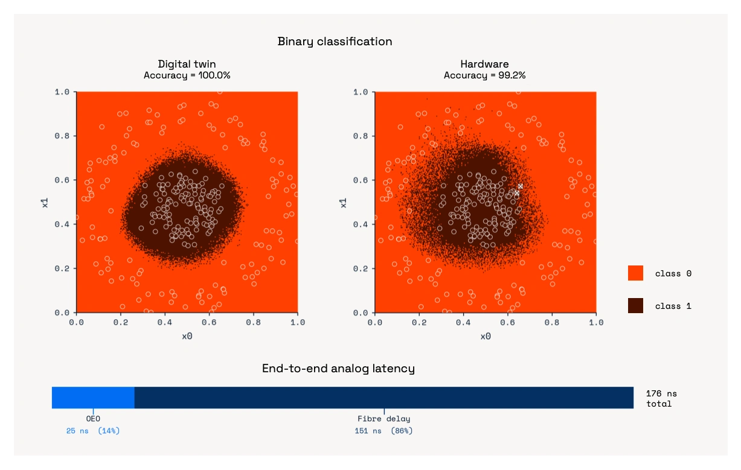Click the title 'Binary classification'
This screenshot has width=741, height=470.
click(335, 42)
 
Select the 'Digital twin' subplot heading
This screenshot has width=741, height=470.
click(187, 64)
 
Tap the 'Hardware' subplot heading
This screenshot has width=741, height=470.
click(484, 64)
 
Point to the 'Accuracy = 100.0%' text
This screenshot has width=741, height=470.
click(187, 75)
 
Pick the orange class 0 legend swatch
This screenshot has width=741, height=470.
click(635, 273)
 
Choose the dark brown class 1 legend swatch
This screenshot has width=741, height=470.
click(635, 305)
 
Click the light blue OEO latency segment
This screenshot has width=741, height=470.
click(93, 398)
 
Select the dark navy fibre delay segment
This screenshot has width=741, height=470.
click(383, 398)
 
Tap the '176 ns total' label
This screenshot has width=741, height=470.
click(661, 399)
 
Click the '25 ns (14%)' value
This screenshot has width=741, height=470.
click(93, 431)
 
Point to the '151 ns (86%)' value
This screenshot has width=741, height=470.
click(383, 431)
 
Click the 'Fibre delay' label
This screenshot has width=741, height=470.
click(383, 419)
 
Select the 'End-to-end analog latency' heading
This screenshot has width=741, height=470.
click(338, 369)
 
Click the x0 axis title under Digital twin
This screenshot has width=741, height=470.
click(187, 336)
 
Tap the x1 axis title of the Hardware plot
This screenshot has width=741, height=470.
click(343, 202)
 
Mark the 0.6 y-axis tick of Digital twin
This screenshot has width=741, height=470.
click(63, 180)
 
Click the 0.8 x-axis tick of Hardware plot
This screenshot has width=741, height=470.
click(552, 323)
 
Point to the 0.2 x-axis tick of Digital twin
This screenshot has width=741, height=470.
click(120, 323)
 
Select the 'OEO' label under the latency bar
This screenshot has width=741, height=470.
click(93, 419)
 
